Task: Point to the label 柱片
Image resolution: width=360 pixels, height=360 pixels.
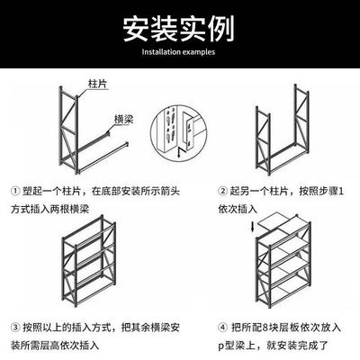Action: [99, 82]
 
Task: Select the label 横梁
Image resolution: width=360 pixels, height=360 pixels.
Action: [125, 118]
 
